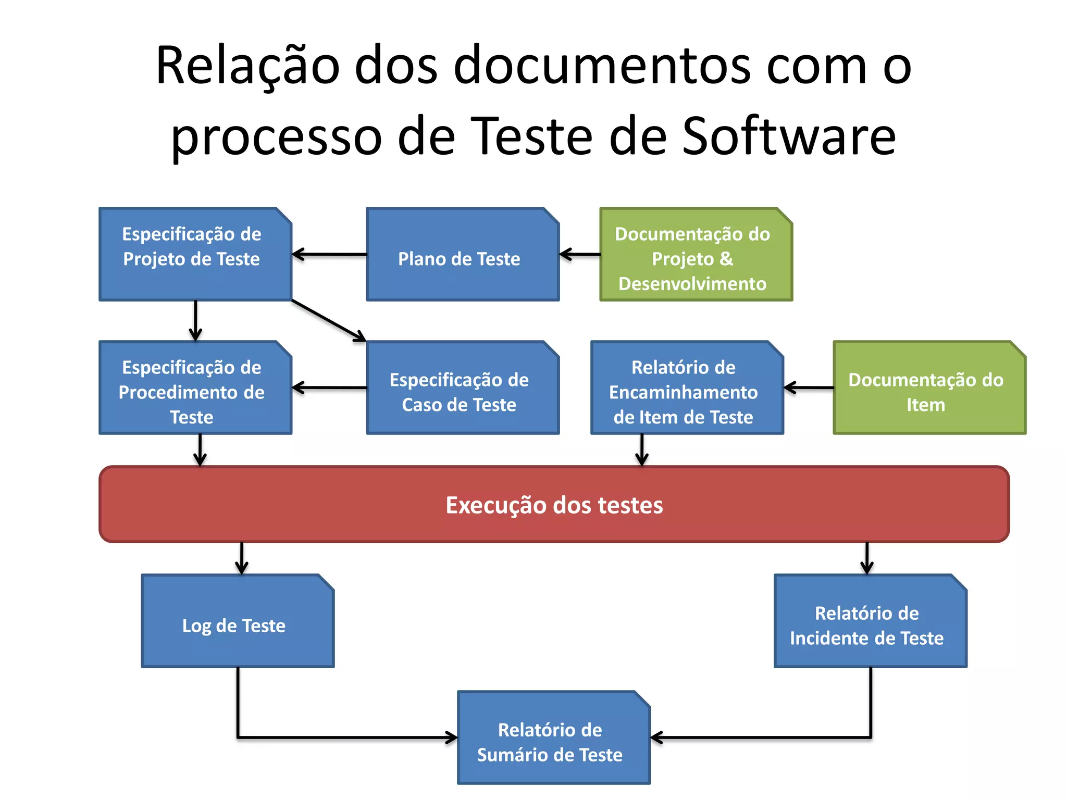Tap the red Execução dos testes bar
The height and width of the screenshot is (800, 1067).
[554, 504]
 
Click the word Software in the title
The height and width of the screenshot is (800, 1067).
[789, 136]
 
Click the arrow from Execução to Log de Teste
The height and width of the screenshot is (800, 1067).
[242, 558]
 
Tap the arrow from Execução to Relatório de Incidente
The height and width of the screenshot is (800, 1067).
[867, 558]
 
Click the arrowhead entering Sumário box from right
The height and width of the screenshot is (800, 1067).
[656, 737]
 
